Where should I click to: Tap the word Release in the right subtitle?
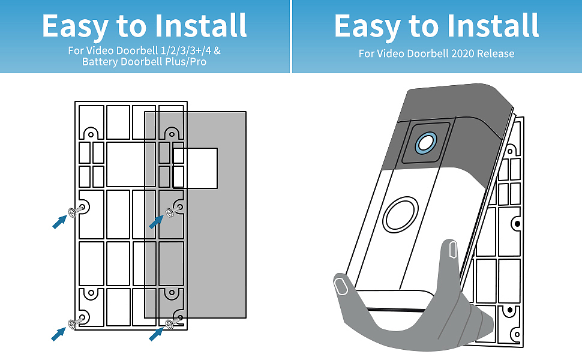click(x=496, y=53)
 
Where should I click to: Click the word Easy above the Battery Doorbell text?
click(x=74, y=26)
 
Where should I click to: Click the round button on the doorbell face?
click(x=400, y=215)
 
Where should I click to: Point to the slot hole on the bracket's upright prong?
click(x=452, y=248)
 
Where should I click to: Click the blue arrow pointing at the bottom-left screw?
click(x=59, y=333)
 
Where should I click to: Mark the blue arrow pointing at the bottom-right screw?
click(x=156, y=333)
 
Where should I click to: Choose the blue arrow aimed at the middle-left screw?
click(x=59, y=222)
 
